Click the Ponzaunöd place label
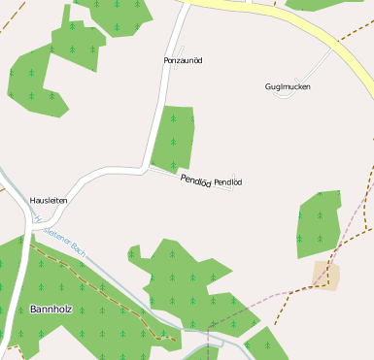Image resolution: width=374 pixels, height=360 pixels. click(x=183, y=60)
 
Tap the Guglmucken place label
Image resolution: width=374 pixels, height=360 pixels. click(x=288, y=86)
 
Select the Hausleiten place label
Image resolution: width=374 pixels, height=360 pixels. click(x=49, y=200)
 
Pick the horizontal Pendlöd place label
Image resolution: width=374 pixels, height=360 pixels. click(x=227, y=182)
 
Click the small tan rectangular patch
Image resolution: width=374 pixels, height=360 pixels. click(x=326, y=276)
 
